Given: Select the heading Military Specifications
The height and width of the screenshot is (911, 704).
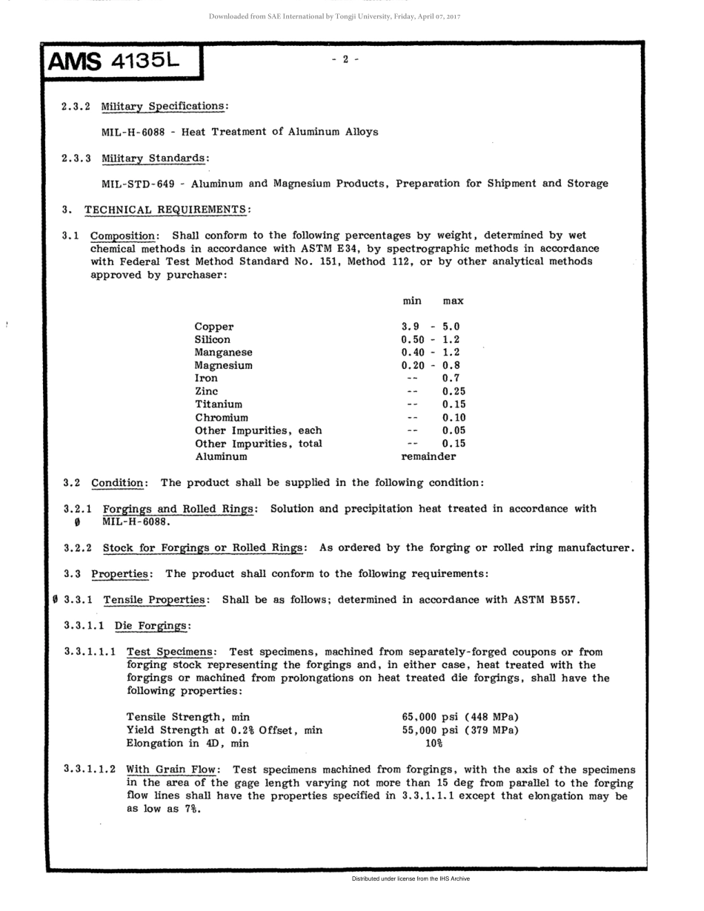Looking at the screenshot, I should [x=162, y=106].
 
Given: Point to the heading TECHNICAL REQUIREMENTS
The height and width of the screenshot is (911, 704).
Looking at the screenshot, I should [x=166, y=210].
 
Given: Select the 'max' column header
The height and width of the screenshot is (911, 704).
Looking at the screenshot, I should [x=453, y=301].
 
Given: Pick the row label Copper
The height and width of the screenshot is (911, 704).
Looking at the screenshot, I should [x=214, y=327].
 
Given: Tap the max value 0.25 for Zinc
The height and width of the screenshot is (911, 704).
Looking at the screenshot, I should [x=454, y=391].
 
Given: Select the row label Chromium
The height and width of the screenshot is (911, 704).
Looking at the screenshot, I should [x=222, y=418].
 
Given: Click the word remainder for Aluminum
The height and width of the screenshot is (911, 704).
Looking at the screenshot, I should [x=428, y=456].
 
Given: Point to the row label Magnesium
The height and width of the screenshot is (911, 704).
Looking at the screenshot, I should [x=223, y=366].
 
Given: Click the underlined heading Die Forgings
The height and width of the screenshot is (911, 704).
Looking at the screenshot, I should [x=151, y=627].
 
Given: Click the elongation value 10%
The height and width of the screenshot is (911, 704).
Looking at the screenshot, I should [x=433, y=743].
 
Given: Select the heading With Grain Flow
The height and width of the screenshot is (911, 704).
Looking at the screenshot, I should [x=170, y=769].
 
